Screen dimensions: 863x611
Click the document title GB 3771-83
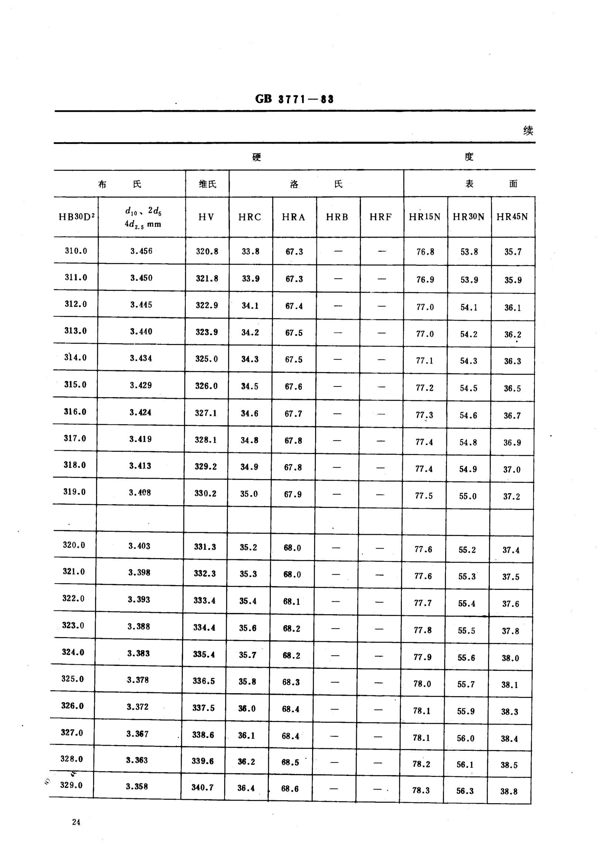[x=294, y=99]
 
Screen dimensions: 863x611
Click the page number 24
[x=76, y=822]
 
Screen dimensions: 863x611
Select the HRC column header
[x=249, y=217]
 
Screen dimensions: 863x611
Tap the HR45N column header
[x=512, y=217]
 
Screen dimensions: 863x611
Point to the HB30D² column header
[x=76, y=217]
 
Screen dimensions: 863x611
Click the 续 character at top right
[x=528, y=131]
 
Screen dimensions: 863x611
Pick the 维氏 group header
[x=208, y=184]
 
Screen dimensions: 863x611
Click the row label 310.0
[x=76, y=251]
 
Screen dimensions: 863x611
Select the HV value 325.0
[x=206, y=358]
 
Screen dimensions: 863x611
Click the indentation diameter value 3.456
[x=141, y=251]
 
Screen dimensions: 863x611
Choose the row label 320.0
[x=74, y=545]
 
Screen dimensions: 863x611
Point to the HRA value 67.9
[x=293, y=494]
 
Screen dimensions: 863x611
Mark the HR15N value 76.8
[x=425, y=252]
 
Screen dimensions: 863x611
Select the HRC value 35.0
[x=249, y=494]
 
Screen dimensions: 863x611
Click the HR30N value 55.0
[x=468, y=496]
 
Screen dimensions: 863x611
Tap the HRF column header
[x=381, y=217]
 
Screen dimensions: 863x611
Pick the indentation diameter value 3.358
[x=137, y=786]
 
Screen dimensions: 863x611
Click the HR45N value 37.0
[x=512, y=470]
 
